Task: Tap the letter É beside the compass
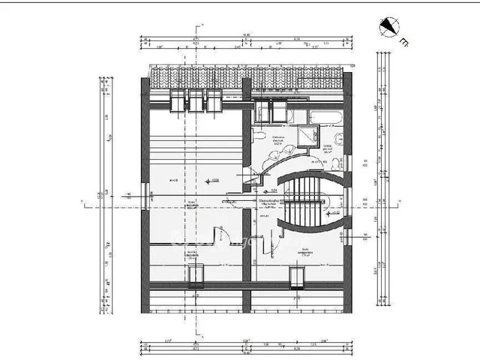click(x=404, y=42)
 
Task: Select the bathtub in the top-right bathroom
click(x=325, y=116)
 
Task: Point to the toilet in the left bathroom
click(x=256, y=136)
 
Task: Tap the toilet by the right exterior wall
click(x=339, y=138)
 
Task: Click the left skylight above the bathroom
click(x=262, y=111)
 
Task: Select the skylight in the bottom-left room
click(x=196, y=277)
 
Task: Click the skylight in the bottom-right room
click(x=298, y=277)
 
